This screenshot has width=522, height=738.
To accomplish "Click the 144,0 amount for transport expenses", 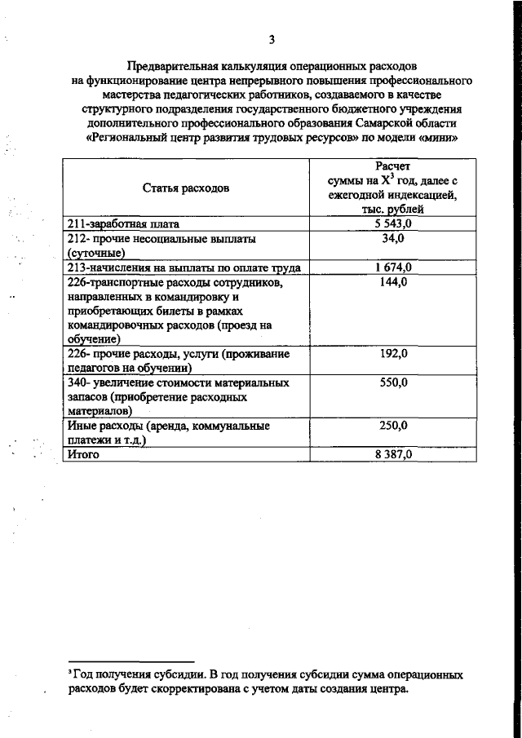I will point(392,282).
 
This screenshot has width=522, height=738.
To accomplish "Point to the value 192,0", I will point(392,355).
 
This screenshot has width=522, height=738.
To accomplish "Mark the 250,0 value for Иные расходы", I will point(392,426).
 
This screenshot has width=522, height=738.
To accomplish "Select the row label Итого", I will point(83,455).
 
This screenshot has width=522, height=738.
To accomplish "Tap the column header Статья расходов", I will point(186,188).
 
